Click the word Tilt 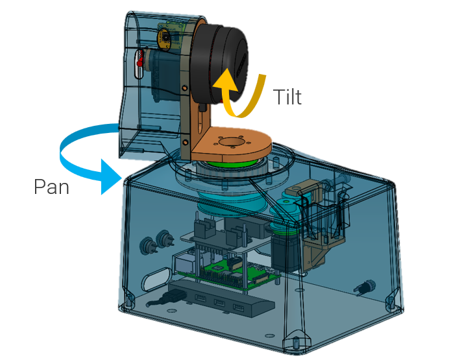(x=287, y=97)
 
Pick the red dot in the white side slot (x=140, y=62)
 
